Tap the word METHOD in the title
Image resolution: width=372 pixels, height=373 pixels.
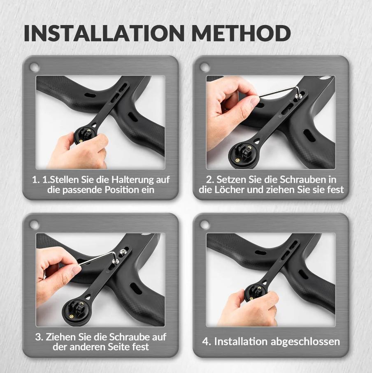click(241, 33)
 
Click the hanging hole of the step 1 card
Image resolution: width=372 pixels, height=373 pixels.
click(35, 67)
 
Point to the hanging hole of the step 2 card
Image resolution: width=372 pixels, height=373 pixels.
click(205, 67)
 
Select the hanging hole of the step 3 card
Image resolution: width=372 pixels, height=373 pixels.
click(35, 224)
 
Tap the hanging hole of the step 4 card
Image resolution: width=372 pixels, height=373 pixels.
click(205, 224)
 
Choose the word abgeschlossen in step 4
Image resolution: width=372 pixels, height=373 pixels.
click(305, 342)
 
